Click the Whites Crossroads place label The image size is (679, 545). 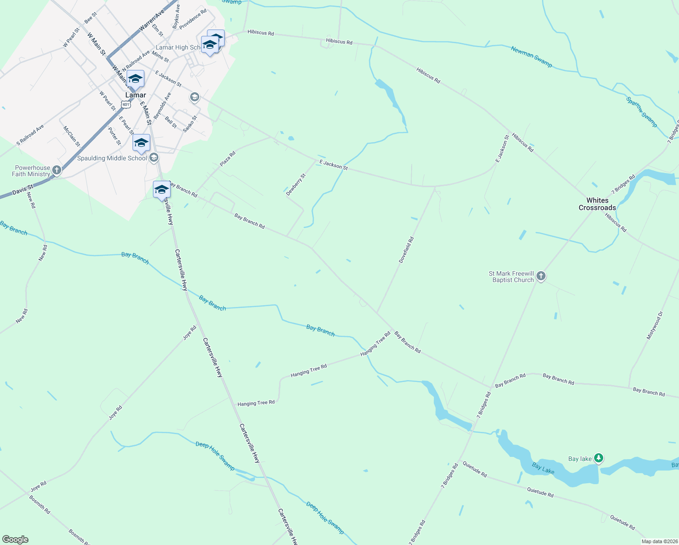597,204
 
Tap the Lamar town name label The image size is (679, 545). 136,95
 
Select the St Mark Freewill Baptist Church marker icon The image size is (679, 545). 541,276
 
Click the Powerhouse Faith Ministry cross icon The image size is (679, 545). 56,170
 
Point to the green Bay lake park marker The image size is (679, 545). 599,458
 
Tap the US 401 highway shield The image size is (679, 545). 126,104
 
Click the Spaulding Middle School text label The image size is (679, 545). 112,158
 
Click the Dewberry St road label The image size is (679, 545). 296,184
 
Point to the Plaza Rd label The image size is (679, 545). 228,159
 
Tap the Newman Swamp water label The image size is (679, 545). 531,57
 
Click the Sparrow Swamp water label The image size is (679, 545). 641,112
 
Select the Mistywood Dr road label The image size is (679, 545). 654,325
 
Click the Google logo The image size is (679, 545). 15,540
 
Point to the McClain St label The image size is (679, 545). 72,136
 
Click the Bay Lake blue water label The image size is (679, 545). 543,468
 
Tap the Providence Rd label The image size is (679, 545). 193,19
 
